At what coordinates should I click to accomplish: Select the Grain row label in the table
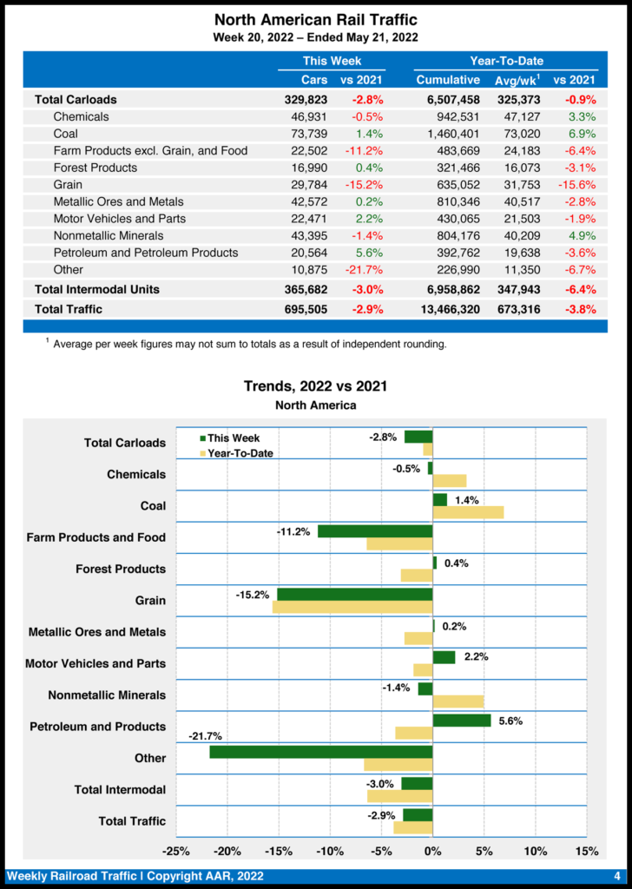click(x=68, y=184)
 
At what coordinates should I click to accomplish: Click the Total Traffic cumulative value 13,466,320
click(x=447, y=309)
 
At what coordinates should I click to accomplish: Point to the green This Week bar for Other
click(x=321, y=752)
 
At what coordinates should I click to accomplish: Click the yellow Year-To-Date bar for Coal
click(x=468, y=512)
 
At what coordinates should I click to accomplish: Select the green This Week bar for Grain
click(x=354, y=594)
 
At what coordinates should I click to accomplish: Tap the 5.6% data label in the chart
click(x=510, y=721)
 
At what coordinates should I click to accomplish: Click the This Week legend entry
click(x=229, y=438)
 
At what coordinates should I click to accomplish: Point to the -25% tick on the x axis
click(x=177, y=850)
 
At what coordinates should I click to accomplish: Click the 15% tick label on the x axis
click(x=586, y=850)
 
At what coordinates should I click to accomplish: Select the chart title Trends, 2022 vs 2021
click(x=315, y=386)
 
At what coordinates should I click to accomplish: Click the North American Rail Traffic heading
click(x=315, y=19)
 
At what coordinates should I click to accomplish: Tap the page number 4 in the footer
click(x=616, y=876)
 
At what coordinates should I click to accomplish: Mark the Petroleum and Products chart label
click(x=97, y=727)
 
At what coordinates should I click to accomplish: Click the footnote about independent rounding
click(x=249, y=345)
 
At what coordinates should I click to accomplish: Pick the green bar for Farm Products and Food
click(x=375, y=530)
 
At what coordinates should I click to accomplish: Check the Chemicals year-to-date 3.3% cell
click(x=582, y=116)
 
